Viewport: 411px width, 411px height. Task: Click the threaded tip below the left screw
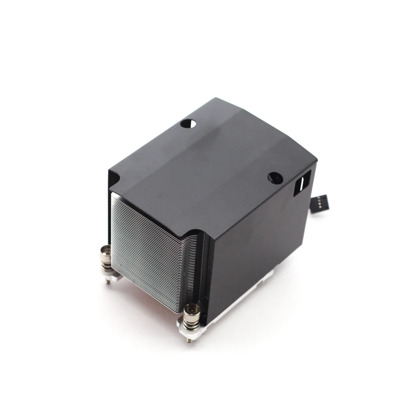tap(108, 281)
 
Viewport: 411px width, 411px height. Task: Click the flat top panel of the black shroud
tap(214, 164)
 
